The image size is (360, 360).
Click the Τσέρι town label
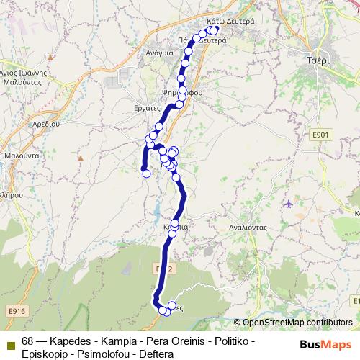pyautogui.click(x=318, y=60)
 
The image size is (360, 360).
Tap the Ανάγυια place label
pyautogui.click(x=159, y=53)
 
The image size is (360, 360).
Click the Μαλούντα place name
pyautogui.click(x=21, y=156)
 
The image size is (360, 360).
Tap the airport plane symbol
pyautogui.click(x=289, y=204)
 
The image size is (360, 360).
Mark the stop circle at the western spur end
pyautogui.click(x=145, y=173)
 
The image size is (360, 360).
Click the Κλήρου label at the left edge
pyautogui.click(x=9, y=195)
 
